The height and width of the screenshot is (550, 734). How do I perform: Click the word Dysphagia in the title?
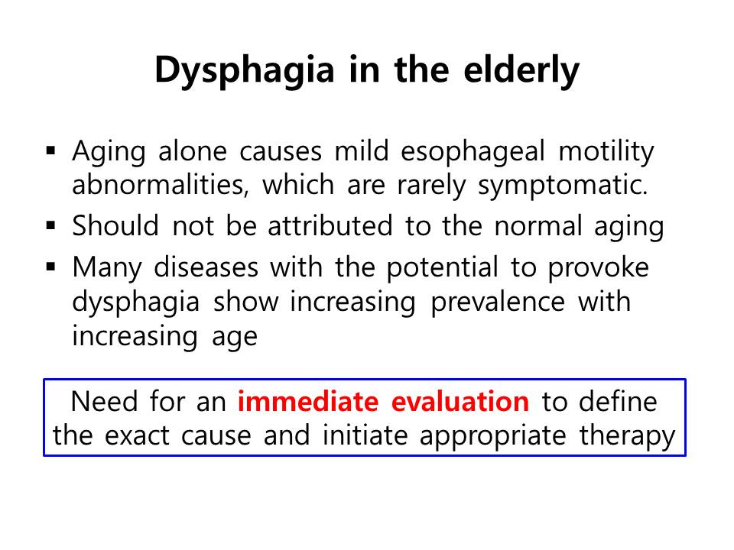(245, 70)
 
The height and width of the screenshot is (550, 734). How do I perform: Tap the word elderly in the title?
(521, 70)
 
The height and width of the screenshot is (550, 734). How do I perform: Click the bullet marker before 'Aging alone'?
(51, 150)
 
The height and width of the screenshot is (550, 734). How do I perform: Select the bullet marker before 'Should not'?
(51, 225)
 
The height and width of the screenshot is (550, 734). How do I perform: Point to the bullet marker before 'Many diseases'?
(51, 267)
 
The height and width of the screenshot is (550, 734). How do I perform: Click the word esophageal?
(473, 153)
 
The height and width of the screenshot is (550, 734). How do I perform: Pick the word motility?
(606, 153)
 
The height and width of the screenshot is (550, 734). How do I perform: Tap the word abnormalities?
(160, 185)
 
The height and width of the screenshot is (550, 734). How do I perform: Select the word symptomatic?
(563, 186)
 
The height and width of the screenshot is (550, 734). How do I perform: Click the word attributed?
(330, 226)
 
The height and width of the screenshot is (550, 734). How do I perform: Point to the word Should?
(115, 226)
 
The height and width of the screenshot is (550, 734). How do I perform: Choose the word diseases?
(206, 267)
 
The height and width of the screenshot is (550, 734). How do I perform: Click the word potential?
(442, 268)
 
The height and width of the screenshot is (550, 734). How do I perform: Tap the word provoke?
(598, 268)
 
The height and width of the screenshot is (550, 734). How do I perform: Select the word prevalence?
(498, 302)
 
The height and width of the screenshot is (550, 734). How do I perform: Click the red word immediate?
(308, 402)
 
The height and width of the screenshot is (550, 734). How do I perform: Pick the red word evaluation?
(460, 402)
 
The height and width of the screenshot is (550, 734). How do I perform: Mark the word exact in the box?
(137, 436)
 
